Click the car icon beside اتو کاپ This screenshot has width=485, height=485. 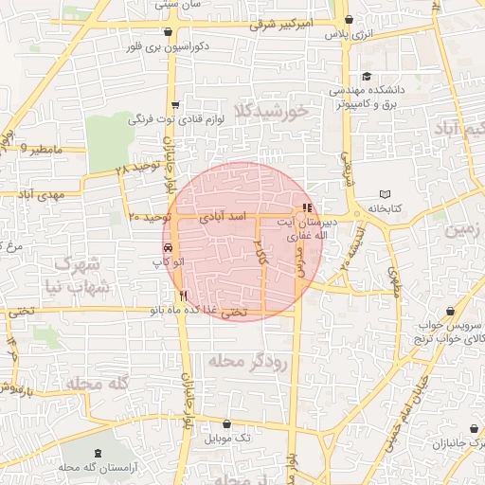tap(167, 247)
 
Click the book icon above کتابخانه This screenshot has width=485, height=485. tap(385, 193)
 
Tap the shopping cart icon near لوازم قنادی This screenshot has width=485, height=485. tap(174, 106)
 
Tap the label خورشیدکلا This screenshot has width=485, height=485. tap(275, 112)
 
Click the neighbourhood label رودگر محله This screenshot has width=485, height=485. tap(246, 362)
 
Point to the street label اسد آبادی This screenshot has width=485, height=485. tap(225, 216)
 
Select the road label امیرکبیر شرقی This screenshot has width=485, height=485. tap(278, 25)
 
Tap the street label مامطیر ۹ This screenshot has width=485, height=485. tap(44, 149)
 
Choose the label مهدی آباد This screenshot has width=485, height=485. tap(38, 193)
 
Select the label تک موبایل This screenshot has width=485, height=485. tap(231, 438)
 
